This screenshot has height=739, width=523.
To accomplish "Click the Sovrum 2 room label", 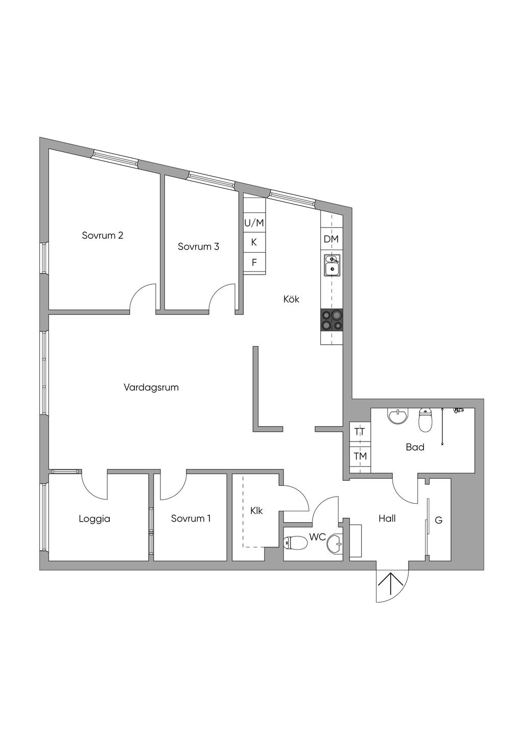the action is point(103,235).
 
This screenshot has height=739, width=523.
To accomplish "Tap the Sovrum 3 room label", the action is point(198,247).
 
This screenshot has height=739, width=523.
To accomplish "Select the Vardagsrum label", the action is point(151,387).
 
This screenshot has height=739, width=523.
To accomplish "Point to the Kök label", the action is point(291,299).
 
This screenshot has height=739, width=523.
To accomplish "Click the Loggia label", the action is point(94,519).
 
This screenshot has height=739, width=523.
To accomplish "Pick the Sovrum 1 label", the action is point(191,519).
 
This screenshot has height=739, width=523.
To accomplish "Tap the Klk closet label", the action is point(256,510).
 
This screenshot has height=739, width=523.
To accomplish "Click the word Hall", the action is point(387,519).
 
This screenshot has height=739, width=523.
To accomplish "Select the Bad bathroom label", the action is point(415,447).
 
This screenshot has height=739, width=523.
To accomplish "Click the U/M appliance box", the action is point(254,223).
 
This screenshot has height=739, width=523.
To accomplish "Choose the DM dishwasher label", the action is point(331,239).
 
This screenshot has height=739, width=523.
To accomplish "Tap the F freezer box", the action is point(254,263).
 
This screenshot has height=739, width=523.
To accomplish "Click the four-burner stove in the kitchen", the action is point(331,321).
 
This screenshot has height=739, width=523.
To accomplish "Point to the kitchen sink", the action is point(332,265).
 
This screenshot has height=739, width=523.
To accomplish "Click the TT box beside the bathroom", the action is point(360,432).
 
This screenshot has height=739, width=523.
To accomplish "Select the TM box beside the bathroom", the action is point(360,456).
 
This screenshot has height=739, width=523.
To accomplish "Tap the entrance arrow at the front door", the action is point(391,584).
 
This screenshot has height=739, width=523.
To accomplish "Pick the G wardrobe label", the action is point(438,521).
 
